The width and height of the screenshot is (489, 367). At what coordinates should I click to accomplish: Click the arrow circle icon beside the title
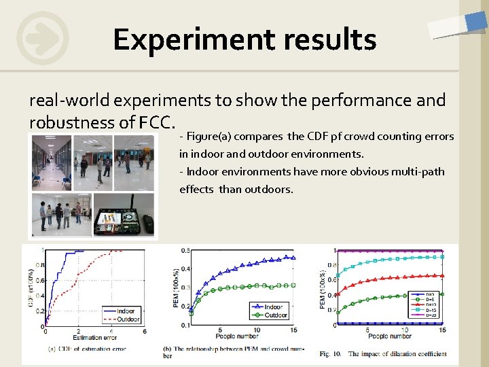tap(43, 38)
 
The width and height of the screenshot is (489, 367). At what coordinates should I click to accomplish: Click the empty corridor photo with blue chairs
tap(50, 162)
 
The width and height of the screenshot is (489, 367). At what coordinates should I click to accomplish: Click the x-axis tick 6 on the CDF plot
tap(145, 331)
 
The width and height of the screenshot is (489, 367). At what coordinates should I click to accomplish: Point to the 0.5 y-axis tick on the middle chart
tap(185, 251)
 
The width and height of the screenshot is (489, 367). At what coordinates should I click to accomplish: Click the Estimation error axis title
tap(95, 336)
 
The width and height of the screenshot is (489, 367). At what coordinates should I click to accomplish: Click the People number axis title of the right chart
tap(391, 336)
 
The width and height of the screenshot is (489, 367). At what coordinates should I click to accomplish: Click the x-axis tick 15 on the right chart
tap(443, 330)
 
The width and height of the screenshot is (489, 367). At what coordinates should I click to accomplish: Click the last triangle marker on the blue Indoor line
tap(293, 257)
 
